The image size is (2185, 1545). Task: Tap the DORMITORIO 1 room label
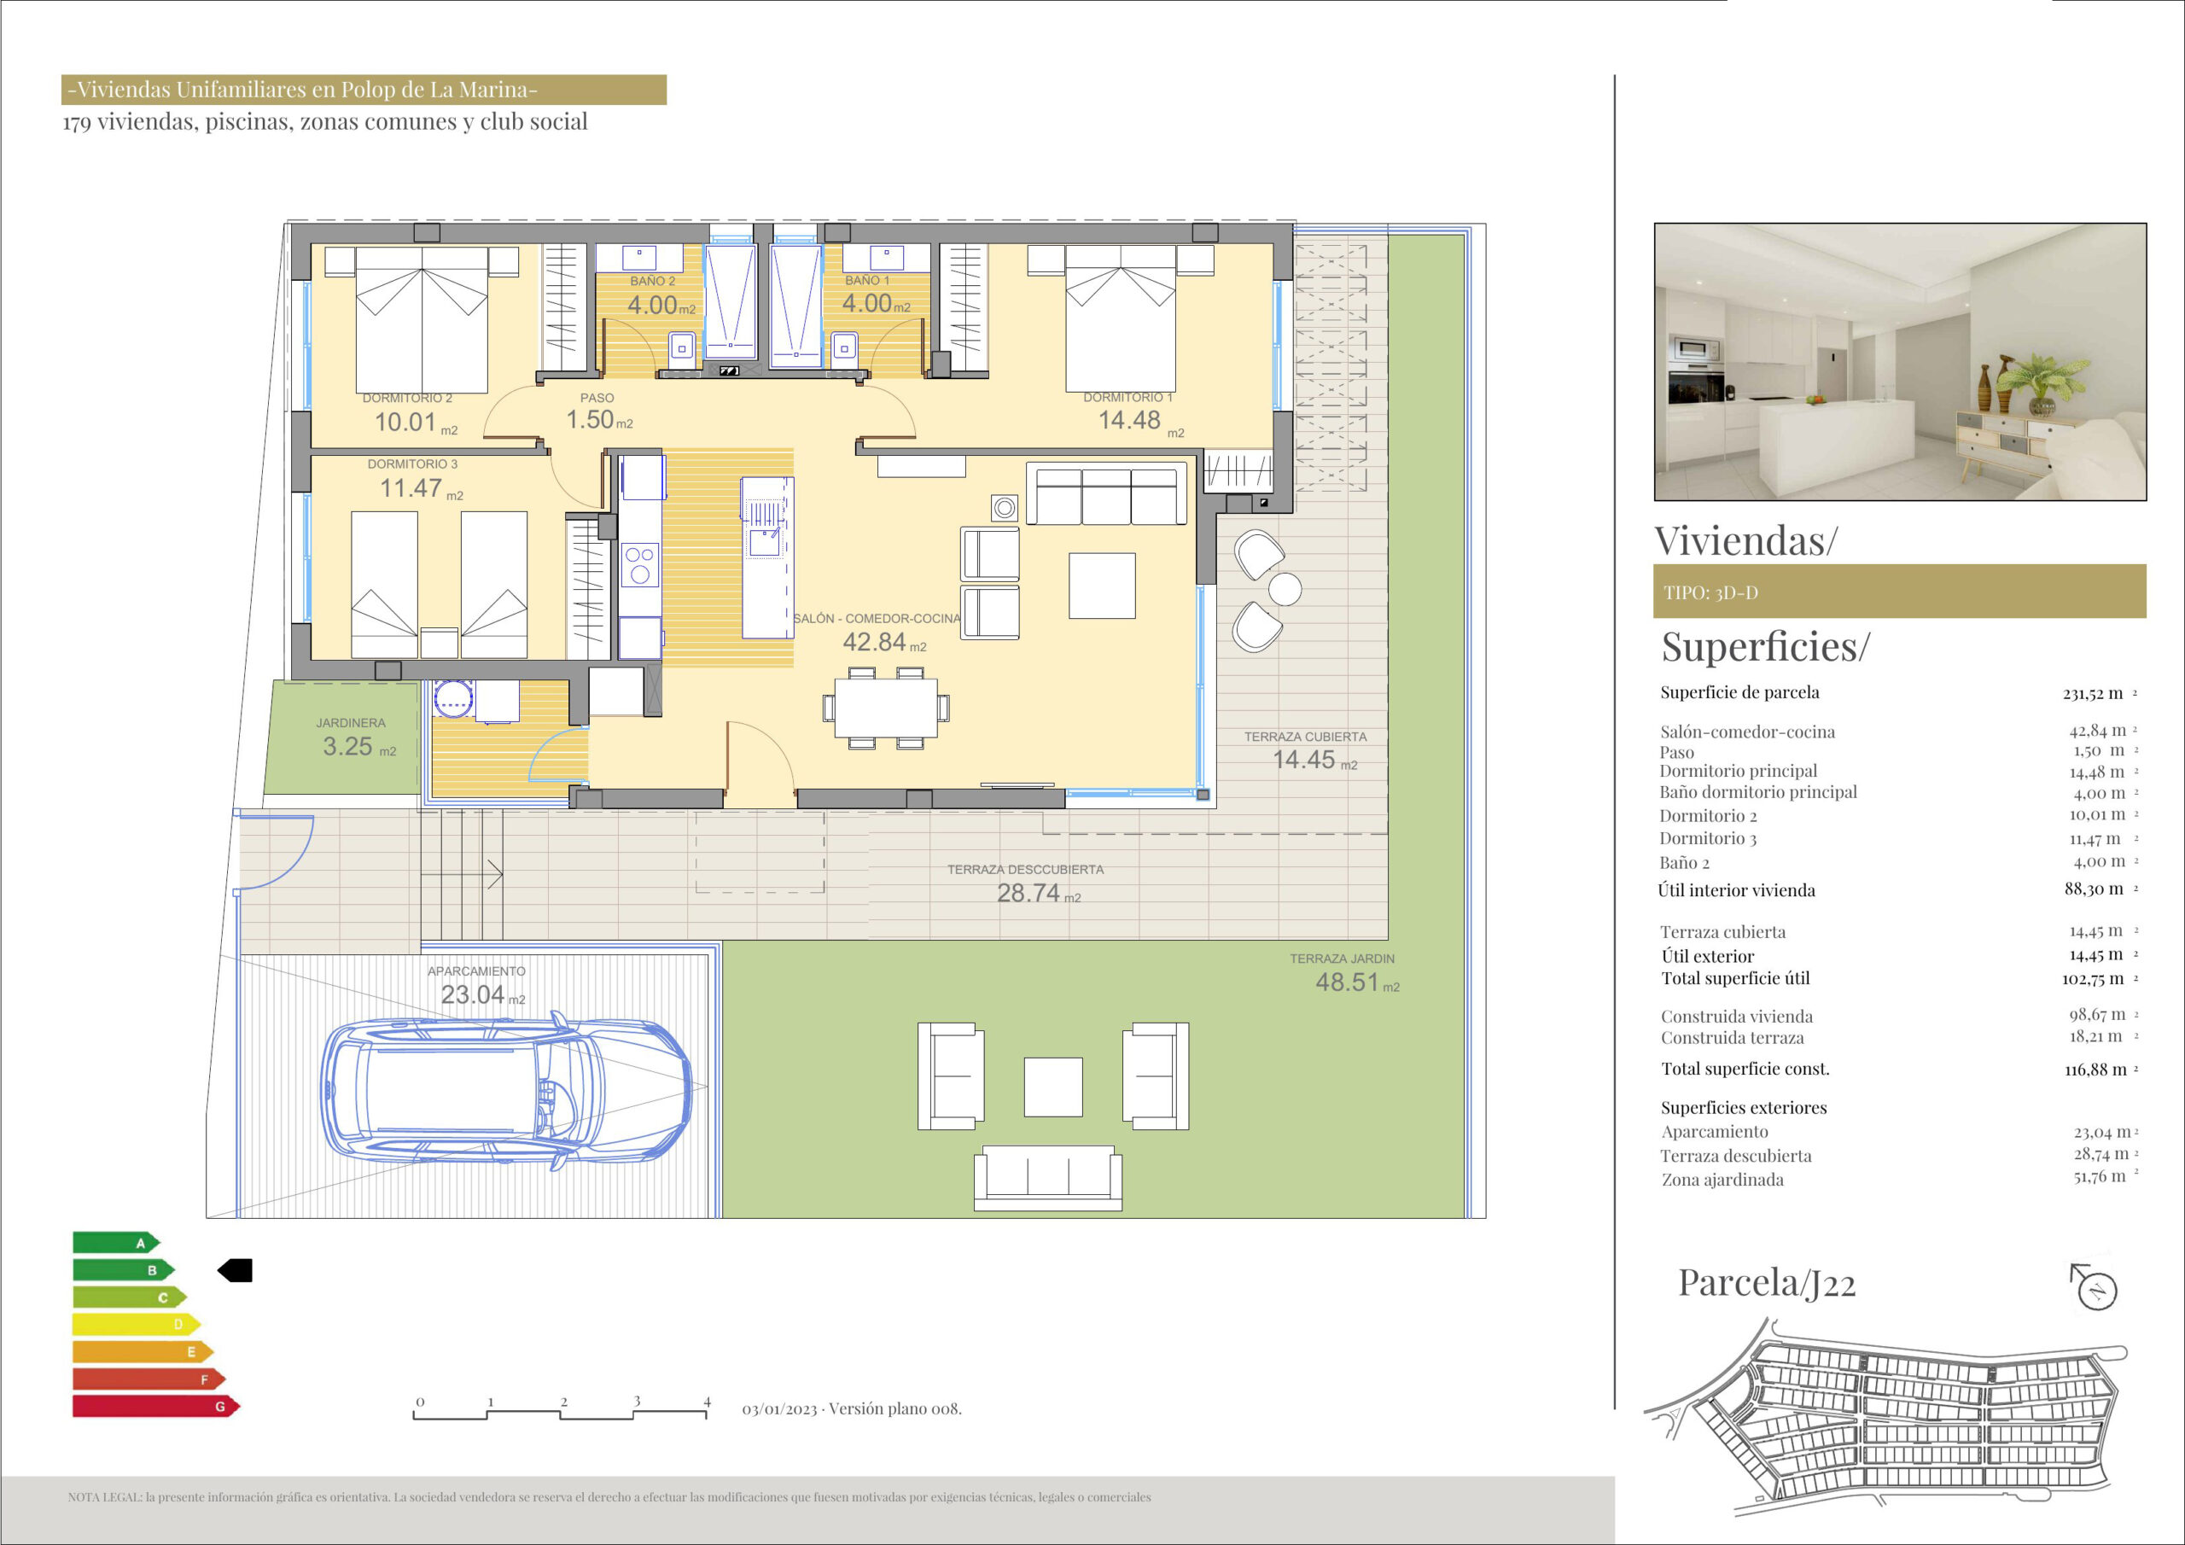click(x=1127, y=397)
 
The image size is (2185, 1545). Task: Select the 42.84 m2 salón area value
click(x=884, y=643)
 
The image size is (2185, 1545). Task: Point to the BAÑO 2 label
click(x=652, y=281)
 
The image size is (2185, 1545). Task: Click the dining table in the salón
click(x=886, y=708)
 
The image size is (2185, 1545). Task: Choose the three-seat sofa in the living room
click(x=1107, y=493)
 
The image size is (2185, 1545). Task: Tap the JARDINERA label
click(x=350, y=722)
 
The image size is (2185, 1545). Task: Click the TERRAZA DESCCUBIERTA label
click(x=1025, y=869)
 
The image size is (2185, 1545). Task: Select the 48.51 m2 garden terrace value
click(x=1357, y=982)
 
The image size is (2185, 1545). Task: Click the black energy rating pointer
click(x=235, y=1270)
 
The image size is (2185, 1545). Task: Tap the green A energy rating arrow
click(x=116, y=1242)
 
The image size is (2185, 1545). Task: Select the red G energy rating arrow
click(x=156, y=1406)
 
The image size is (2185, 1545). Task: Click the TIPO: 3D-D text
click(x=1710, y=592)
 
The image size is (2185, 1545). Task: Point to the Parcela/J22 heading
click(x=1766, y=1283)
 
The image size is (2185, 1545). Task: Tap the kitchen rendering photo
click(x=1900, y=362)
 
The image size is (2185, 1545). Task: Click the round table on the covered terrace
click(x=1285, y=588)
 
